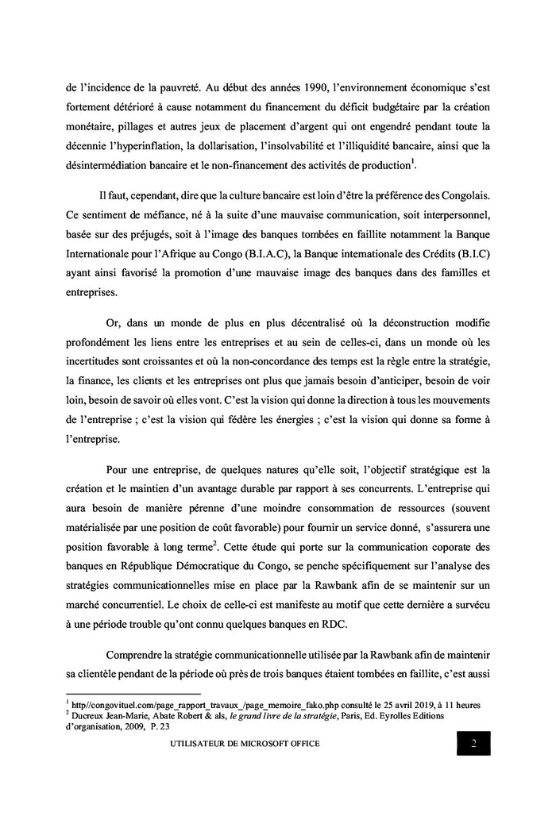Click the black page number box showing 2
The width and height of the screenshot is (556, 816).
click(x=473, y=743)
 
